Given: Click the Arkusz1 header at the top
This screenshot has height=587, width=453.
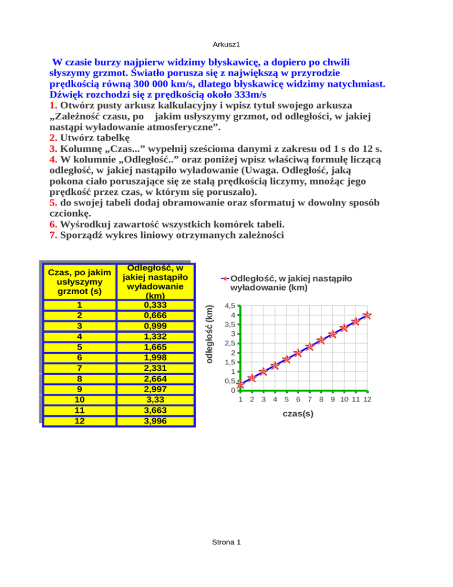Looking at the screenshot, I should click(226, 44).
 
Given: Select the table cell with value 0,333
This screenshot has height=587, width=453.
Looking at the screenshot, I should click(155, 305).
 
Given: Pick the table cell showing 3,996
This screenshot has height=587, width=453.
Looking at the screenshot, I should click(155, 421).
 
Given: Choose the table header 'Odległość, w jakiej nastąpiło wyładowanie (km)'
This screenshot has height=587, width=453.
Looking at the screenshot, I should click(155, 281).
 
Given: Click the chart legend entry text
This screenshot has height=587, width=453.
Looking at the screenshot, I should click(291, 283).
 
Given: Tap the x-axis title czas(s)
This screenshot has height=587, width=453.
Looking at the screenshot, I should click(298, 413).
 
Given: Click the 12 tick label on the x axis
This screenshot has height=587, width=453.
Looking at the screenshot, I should click(367, 400).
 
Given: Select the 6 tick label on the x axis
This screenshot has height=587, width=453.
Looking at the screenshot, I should click(298, 400).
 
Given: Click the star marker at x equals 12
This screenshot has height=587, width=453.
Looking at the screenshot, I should click(367, 315).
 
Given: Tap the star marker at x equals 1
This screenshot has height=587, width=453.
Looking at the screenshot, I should click(241, 384).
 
